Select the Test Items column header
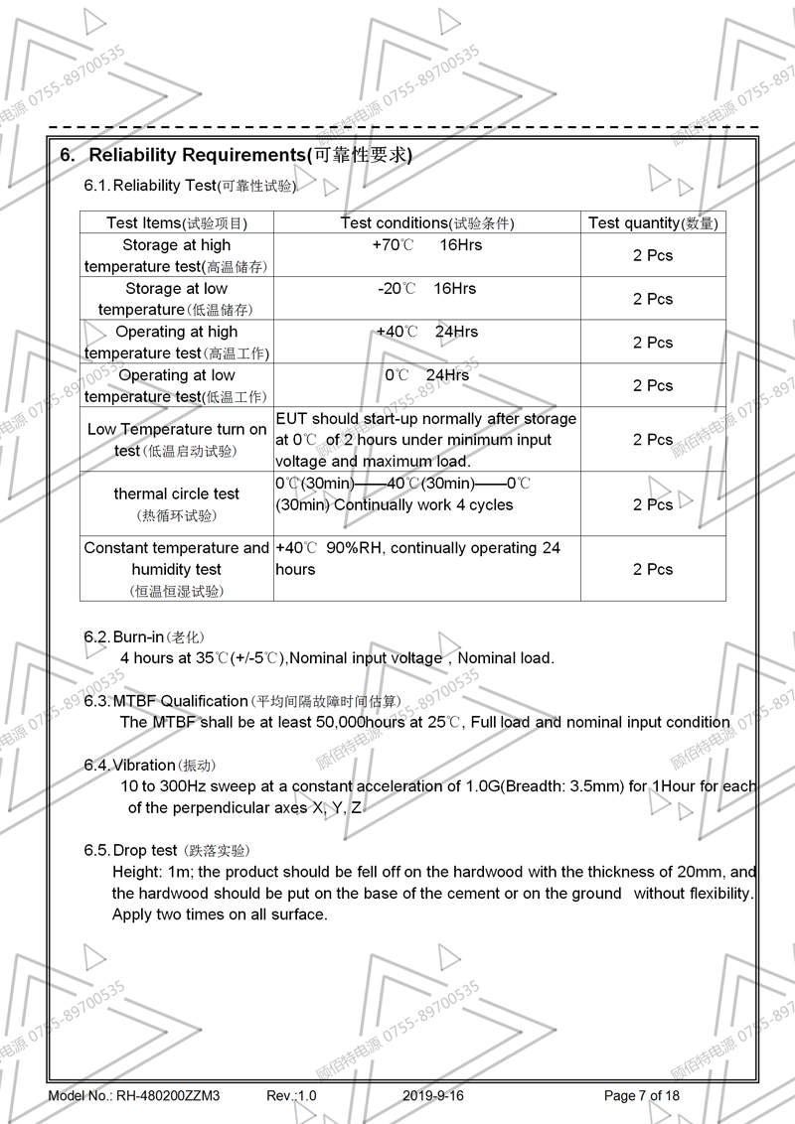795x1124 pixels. tap(177, 223)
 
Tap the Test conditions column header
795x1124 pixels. tap(427, 223)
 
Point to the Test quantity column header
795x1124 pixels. tap(653, 223)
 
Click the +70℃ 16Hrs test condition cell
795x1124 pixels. tap(426, 245)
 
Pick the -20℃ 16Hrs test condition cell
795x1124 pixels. tap(426, 289)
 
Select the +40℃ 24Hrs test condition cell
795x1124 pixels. tap(426, 332)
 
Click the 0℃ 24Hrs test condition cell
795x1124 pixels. tap(426, 375)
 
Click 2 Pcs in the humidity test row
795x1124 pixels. tap(653, 569)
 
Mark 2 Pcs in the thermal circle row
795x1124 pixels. tap(653, 504)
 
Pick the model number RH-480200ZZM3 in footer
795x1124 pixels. tap(168, 1096)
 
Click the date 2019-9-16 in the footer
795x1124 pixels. tap(433, 1096)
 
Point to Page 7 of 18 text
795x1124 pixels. tap(642, 1096)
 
